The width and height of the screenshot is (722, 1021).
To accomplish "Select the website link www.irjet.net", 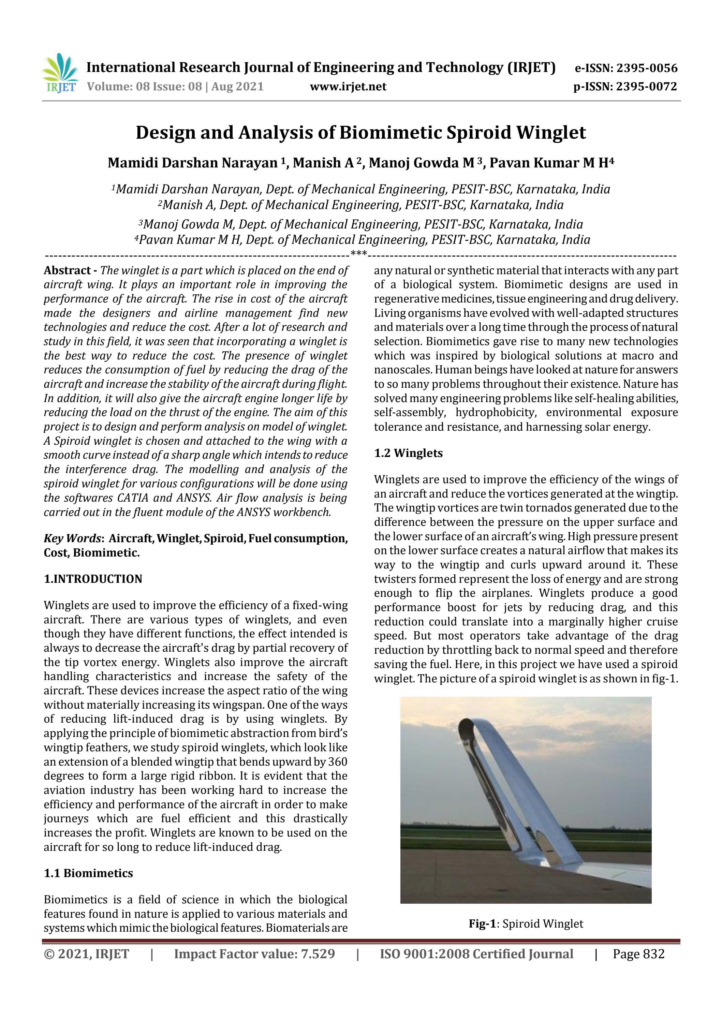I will pos(348,86).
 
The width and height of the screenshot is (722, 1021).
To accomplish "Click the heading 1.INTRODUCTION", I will pos(93,579).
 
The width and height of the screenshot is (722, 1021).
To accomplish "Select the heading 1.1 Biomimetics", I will pos(89,873).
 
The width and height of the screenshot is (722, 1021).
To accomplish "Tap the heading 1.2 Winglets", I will pos(408,453).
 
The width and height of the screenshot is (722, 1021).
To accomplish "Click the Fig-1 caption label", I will pos(482,923).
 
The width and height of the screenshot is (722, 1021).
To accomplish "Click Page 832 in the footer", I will pos(638,954).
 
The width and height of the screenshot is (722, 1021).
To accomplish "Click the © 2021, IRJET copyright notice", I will pos(86,954).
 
